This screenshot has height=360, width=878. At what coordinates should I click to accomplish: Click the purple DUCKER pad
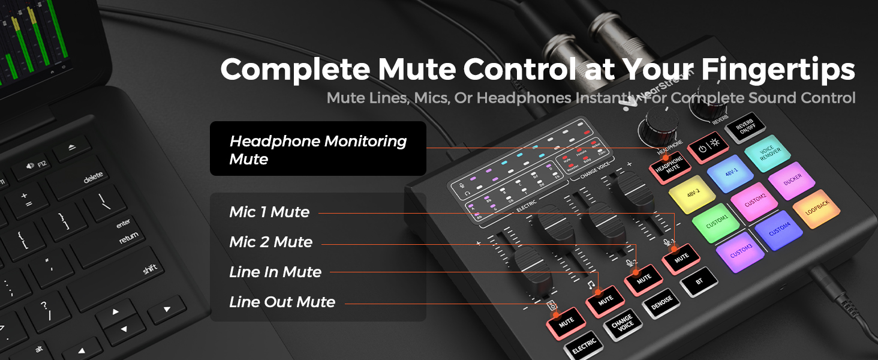[792, 181]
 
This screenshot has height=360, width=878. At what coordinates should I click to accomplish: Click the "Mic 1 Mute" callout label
[269, 212]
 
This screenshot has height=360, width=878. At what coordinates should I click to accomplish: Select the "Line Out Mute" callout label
[282, 302]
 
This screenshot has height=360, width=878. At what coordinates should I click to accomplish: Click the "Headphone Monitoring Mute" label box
[318, 149]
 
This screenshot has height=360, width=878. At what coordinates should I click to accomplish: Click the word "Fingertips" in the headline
[778, 70]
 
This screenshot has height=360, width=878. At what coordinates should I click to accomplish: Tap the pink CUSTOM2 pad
[755, 201]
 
